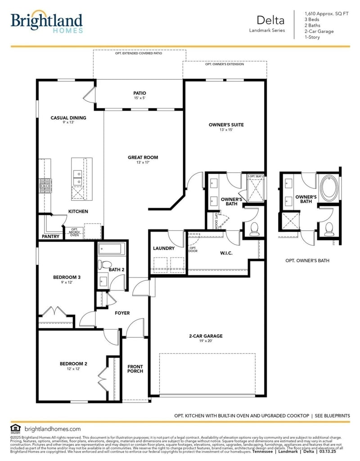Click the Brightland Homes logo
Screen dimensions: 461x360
click(x=46, y=22)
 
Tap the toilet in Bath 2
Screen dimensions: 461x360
click(x=105, y=265)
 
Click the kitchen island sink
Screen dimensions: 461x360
click(x=77, y=177)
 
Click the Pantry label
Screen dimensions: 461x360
click(x=50, y=236)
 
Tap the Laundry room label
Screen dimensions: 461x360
click(x=164, y=248)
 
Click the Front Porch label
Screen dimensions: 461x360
click(x=135, y=369)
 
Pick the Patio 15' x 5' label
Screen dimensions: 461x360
click(x=139, y=95)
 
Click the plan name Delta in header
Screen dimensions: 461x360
click(x=270, y=20)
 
